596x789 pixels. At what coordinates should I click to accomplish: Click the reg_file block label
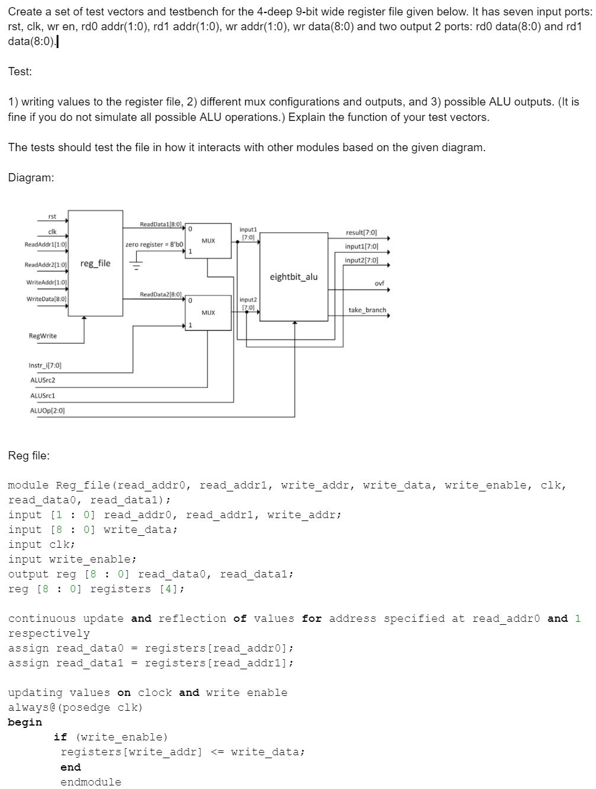(95, 263)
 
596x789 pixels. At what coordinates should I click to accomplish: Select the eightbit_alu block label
(293, 277)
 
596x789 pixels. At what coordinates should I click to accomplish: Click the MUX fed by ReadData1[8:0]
(208, 241)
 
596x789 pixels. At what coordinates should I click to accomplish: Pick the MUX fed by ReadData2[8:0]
(208, 312)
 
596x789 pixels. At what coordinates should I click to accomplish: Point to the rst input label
(52, 216)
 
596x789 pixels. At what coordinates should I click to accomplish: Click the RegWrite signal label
(43, 336)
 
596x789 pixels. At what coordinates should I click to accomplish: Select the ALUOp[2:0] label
(47, 410)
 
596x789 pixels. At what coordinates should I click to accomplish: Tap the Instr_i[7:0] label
(45, 365)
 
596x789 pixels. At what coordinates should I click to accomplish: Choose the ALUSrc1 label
(43, 395)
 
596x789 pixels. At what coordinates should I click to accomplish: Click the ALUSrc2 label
(43, 380)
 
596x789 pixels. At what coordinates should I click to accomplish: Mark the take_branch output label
(367, 310)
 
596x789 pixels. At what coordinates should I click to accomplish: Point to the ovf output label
(379, 283)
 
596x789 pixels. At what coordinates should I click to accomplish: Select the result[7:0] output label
(361, 233)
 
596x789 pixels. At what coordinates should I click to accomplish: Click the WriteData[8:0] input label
(46, 299)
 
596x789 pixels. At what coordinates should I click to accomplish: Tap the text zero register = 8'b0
(154, 244)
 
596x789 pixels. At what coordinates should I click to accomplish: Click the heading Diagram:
(31, 177)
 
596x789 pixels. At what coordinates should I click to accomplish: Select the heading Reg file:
(29, 455)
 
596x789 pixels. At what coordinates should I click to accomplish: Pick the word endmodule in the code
(91, 782)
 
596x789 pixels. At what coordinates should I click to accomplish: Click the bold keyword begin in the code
(25, 722)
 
